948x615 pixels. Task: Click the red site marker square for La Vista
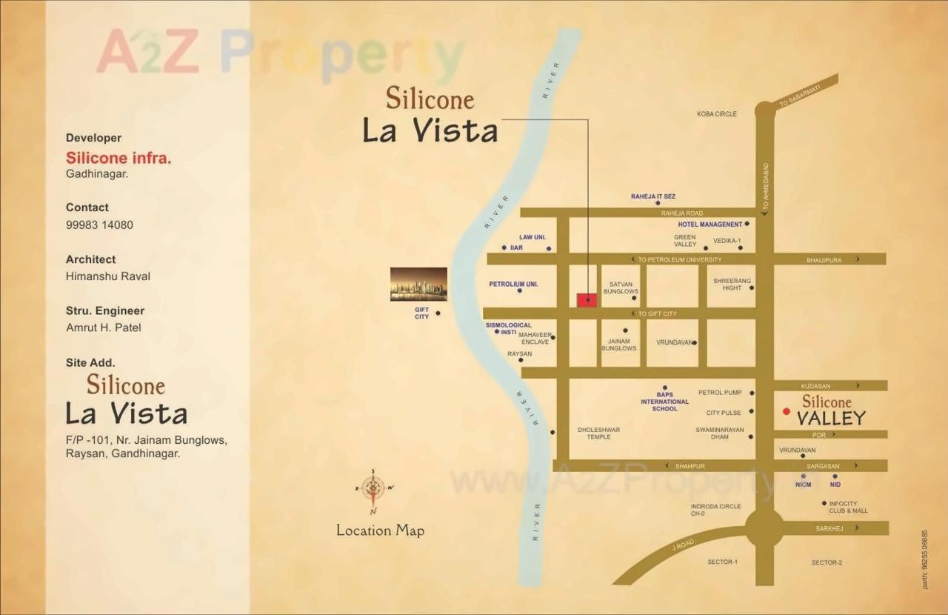[x=587, y=300]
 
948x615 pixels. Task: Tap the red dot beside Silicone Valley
[x=787, y=411]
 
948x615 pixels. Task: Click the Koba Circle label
[x=716, y=114]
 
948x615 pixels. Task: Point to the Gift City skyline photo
[x=418, y=284]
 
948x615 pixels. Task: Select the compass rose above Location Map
[x=373, y=488]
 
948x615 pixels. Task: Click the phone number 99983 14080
[x=99, y=225]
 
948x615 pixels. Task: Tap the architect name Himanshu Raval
[x=108, y=276]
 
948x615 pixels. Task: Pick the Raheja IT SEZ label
[x=652, y=196]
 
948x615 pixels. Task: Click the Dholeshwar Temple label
[x=598, y=433]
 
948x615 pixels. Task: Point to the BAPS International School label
[x=664, y=402]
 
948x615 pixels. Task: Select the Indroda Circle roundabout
[x=764, y=528]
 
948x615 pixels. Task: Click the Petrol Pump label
[x=719, y=393]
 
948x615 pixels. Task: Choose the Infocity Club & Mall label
[x=848, y=508]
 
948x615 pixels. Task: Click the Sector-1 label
[x=722, y=562]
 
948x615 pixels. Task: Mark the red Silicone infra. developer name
[x=118, y=158]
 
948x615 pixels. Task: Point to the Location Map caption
[x=380, y=531]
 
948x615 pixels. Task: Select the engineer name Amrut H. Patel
[x=103, y=328]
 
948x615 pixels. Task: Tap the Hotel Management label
[x=710, y=225]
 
